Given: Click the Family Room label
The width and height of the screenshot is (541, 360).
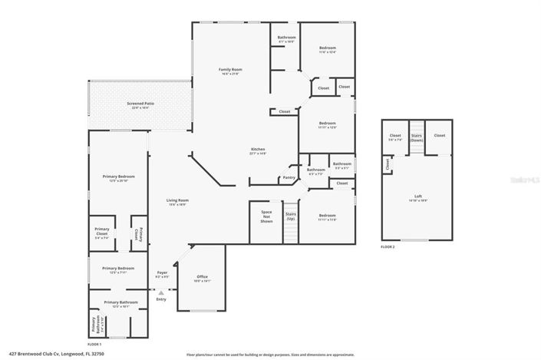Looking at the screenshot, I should tap(231, 71).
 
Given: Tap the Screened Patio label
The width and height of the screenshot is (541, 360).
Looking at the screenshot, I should tap(140, 105).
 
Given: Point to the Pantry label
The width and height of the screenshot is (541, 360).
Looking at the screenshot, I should tap(289, 177).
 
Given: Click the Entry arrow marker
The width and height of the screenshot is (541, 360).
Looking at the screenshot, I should tap(161, 293).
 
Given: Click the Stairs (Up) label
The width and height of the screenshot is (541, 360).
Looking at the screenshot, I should tap(291, 216).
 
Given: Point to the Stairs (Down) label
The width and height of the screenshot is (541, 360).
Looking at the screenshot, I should tap(416, 137).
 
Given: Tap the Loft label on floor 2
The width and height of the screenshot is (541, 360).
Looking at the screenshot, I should tap(418, 197).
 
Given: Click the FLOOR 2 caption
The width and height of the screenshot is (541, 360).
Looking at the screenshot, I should tap(389, 247).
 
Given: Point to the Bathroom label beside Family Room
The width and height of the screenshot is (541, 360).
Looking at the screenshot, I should tap(287, 38).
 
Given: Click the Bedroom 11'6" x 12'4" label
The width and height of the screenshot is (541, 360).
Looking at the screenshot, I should tap(328, 50).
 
